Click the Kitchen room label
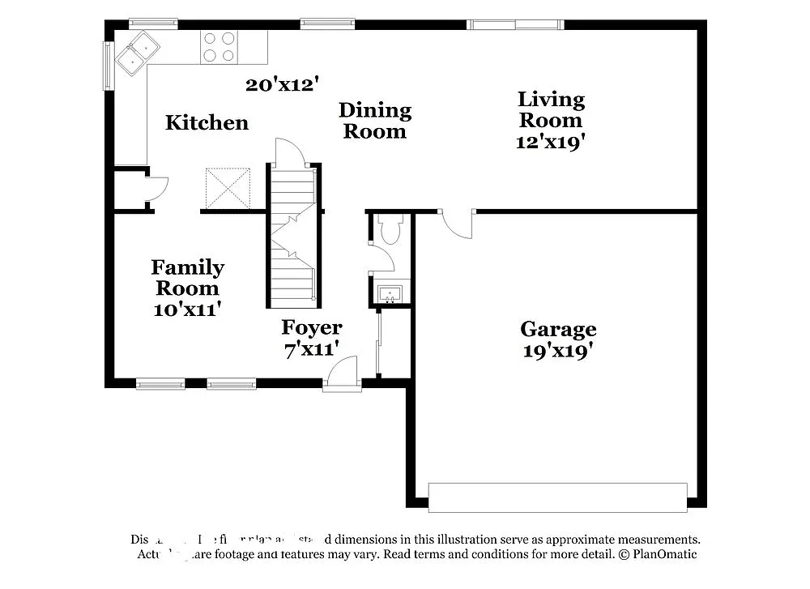pos(207,123)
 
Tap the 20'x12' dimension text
pos(282,83)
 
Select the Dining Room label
pos(374,120)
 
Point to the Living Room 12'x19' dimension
pos(551,141)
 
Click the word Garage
pos(558,329)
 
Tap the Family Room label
pos(187,277)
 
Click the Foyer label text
pos(311,327)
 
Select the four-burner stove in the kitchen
pos(219,47)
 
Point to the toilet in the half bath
pos(390,229)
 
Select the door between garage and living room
pos(456,224)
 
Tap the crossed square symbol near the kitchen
pos(228,187)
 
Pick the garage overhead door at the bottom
pos(557,497)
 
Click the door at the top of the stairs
pos(290,153)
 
